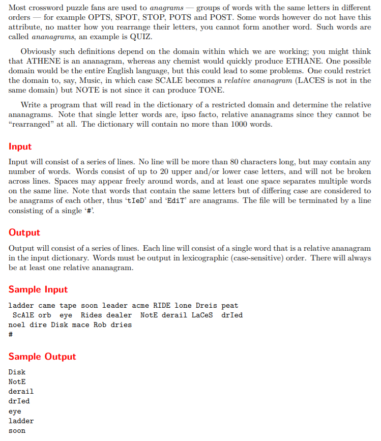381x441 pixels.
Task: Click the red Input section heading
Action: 20,146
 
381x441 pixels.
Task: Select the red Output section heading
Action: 24,232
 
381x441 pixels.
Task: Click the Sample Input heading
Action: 38,289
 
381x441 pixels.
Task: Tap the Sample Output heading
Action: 42,357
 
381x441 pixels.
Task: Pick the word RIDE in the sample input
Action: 162,306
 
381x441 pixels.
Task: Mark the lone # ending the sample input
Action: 11,335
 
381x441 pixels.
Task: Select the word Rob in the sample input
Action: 100,325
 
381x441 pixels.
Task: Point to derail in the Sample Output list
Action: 21,392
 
